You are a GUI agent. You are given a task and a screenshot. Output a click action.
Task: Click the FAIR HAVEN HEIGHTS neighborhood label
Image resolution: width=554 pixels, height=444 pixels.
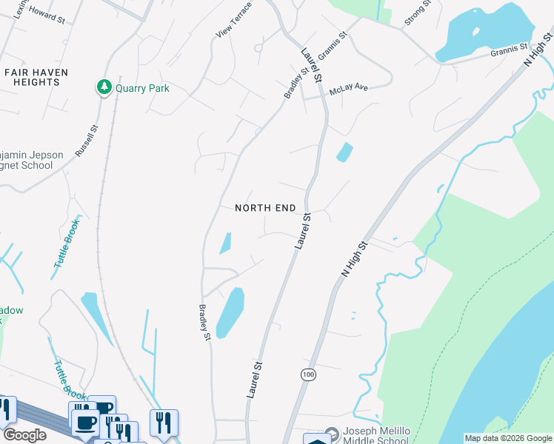(36, 77)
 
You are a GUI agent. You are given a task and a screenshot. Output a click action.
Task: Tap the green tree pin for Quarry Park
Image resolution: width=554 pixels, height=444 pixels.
(104, 88)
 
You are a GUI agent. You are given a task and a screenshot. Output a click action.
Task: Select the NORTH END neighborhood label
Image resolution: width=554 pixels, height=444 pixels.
(265, 208)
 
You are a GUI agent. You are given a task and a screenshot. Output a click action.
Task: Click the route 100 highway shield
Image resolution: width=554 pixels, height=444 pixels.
(308, 374)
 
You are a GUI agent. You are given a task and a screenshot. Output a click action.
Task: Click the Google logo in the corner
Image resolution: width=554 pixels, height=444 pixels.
(24, 435)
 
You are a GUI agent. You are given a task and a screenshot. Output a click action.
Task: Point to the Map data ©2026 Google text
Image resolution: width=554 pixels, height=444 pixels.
(507, 438)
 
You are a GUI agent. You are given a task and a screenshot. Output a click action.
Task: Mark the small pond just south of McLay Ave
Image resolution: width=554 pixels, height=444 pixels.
(344, 152)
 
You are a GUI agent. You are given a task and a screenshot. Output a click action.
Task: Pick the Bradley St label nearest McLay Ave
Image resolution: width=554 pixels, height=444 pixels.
(296, 84)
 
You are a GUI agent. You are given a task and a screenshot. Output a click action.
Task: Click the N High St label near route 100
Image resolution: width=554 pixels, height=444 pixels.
(355, 258)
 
